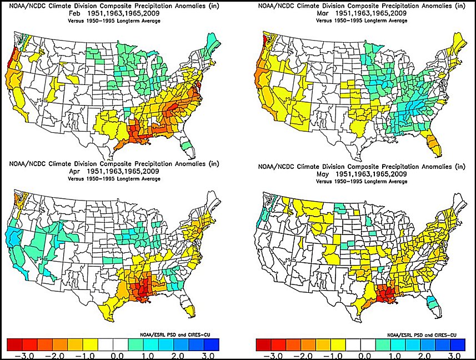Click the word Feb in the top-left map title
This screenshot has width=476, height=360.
click(74, 13)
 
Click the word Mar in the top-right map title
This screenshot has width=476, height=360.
click(323, 13)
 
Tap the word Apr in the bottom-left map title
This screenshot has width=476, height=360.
click(74, 172)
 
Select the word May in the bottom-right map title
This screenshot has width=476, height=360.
click(323, 174)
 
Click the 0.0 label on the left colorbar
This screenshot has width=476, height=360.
click(117, 356)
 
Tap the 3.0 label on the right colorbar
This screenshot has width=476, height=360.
click(454, 356)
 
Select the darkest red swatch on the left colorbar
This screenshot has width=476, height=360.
click(14, 344)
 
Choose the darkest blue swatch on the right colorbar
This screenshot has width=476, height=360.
click(458, 344)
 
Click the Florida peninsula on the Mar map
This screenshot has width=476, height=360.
click(433, 143)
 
